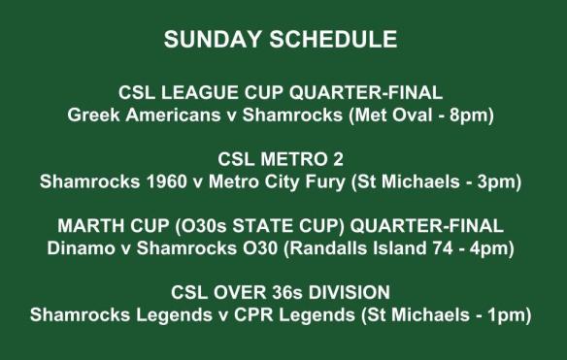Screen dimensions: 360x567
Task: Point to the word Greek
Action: pyautogui.click(x=92, y=115)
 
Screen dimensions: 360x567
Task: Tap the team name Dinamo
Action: pyautogui.click(x=79, y=248)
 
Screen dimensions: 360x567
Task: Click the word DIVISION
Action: pyautogui.click(x=357, y=292)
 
